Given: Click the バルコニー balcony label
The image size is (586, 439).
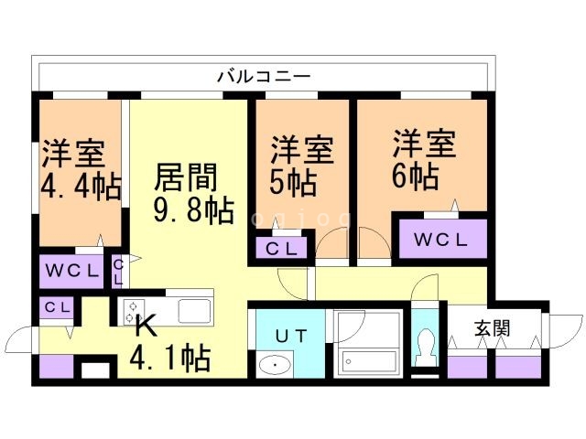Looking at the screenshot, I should coord(265,76).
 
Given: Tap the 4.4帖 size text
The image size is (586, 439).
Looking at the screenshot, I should coord(81,187).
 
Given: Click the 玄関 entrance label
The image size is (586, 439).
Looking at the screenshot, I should coord(491,327).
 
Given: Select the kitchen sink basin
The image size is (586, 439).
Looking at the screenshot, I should coord(194,311).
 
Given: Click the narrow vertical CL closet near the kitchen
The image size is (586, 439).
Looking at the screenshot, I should coord(118,271).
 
